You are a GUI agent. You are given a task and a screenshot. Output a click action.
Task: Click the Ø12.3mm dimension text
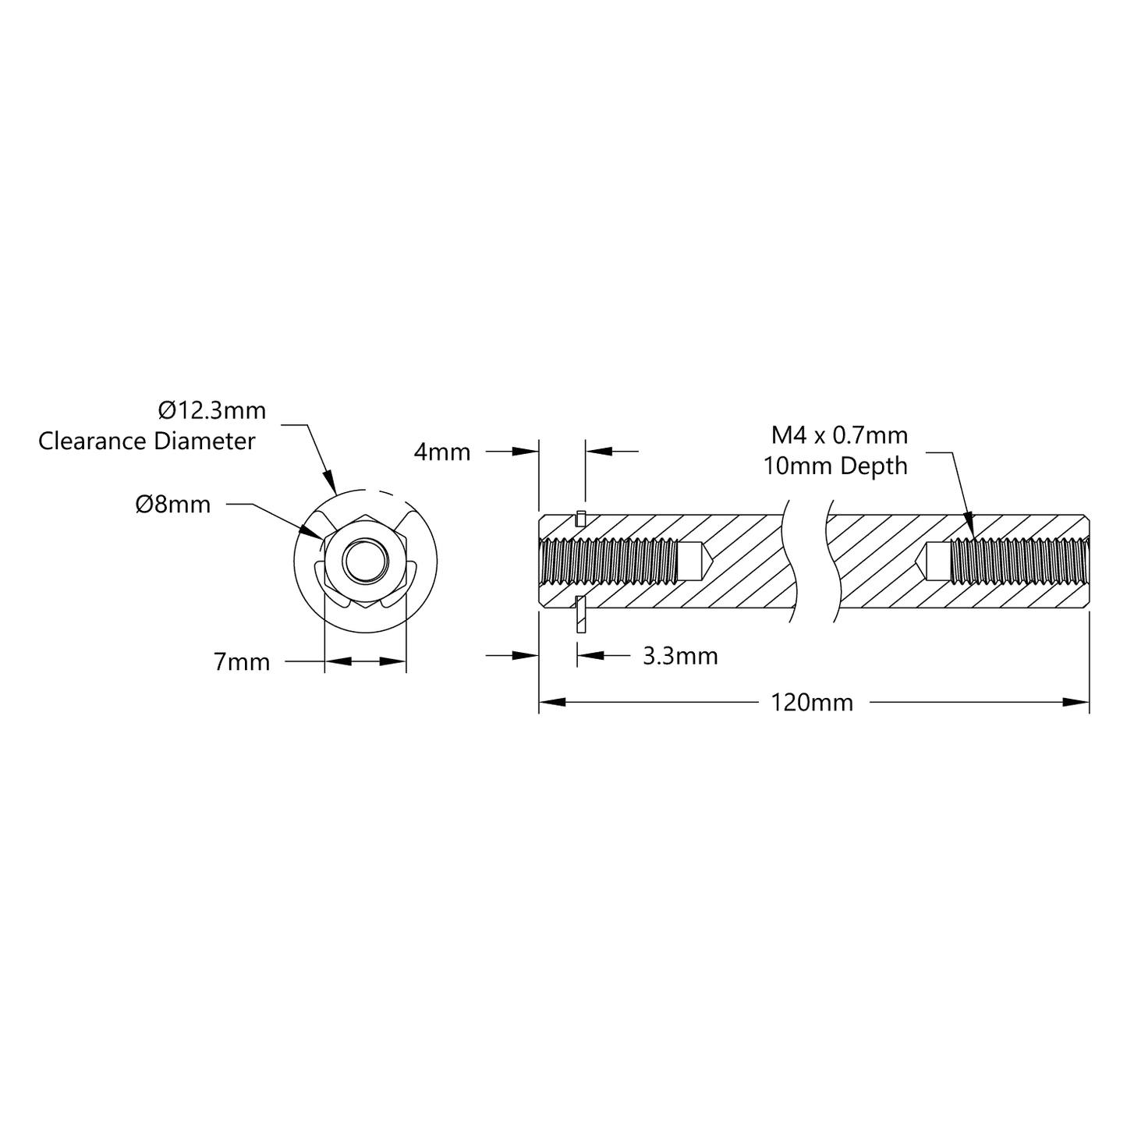click(211, 410)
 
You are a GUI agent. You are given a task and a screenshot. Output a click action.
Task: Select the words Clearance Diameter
click(147, 441)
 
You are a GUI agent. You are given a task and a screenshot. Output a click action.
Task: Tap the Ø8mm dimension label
click(172, 505)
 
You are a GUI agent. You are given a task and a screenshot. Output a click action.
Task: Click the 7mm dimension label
click(242, 662)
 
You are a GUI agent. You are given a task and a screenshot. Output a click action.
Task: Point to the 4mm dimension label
click(441, 452)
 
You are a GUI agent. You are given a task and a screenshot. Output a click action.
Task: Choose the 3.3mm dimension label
click(679, 656)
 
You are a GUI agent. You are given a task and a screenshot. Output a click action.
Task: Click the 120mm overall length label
click(811, 703)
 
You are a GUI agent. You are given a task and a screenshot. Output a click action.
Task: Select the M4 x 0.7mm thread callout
click(839, 435)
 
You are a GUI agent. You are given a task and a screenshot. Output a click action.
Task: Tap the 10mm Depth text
click(835, 466)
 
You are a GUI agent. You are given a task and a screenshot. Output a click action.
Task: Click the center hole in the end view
click(365, 560)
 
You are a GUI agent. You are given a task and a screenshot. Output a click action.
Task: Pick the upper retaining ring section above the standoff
click(580, 518)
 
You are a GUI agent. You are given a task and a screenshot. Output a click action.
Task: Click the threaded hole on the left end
click(608, 561)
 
